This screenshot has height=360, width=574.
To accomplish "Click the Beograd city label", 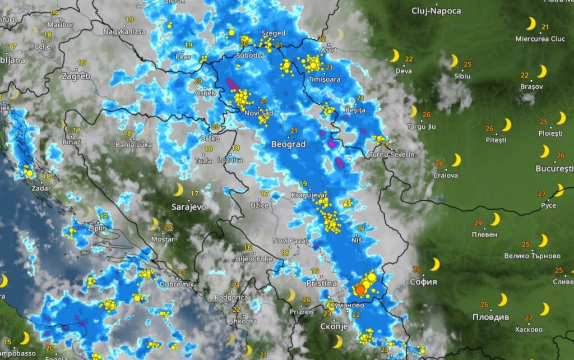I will point(288,144).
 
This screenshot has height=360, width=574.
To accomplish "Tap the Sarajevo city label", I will point(189,207).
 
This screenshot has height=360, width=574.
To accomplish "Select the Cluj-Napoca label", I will point(436,11).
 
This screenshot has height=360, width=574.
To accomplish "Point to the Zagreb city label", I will point(76,76).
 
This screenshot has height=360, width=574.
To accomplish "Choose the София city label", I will point(423,281).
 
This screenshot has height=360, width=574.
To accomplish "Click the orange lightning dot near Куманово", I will point(360,289).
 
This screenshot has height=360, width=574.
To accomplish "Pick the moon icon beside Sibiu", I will point(453,61).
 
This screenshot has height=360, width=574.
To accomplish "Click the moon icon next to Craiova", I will point(456,161).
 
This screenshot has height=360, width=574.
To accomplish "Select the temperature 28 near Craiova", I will point(439,164).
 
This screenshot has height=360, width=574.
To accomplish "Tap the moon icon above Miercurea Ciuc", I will point(530,24).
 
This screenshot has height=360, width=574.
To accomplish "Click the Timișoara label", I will point(325,80).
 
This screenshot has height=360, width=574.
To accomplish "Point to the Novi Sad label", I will point(259,113).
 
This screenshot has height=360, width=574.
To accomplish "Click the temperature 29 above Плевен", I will point(478,223).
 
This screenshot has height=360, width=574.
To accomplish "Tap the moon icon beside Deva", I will point(395,56).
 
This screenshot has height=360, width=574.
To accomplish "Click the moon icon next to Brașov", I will point(541,72).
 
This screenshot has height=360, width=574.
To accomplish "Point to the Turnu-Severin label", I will point(392,154).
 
